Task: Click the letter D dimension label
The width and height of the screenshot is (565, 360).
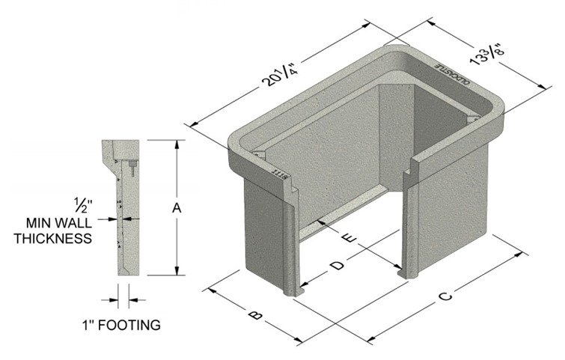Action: (x=338, y=265)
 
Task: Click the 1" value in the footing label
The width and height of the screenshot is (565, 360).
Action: (x=88, y=326)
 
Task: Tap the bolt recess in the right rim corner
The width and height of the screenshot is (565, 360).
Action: (x=471, y=119)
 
